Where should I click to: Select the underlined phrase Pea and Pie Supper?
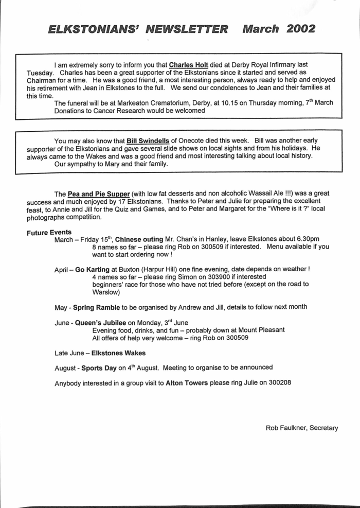click(100, 194)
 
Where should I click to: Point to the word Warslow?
click(106, 292)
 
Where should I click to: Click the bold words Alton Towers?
click(188, 383)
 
